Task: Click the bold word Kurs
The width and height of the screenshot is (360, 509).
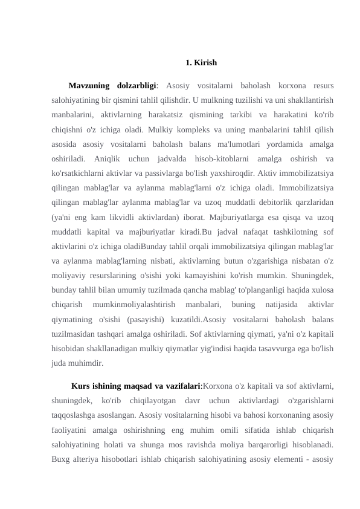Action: click(x=82, y=387)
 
